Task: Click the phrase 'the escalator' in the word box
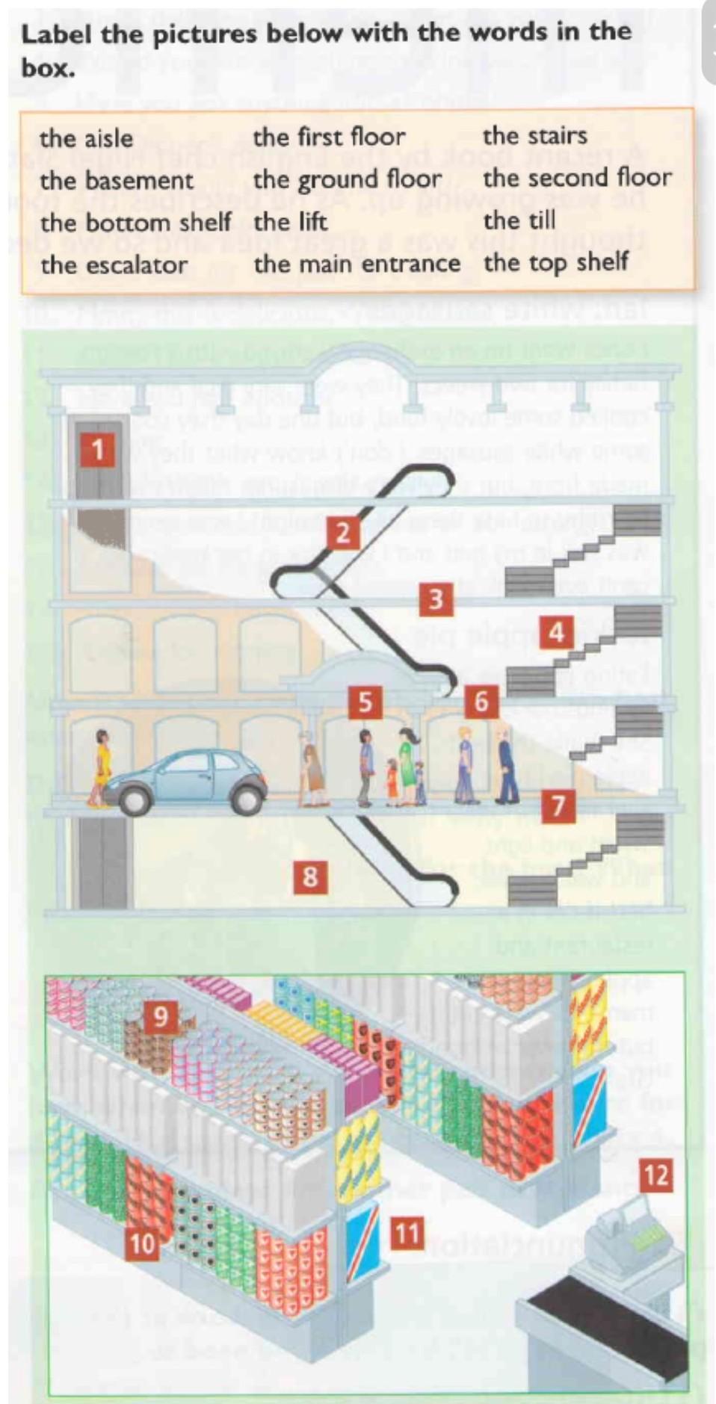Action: click(x=114, y=265)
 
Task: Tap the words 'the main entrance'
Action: click(x=357, y=264)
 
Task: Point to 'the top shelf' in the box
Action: click(x=555, y=263)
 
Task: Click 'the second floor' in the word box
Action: click(x=577, y=178)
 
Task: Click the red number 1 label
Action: click(x=97, y=450)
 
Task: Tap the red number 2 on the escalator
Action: click(x=342, y=533)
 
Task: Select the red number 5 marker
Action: click(x=365, y=702)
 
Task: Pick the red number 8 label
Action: click(x=310, y=876)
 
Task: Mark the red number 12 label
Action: click(x=655, y=1175)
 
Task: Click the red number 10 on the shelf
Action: click(x=142, y=1243)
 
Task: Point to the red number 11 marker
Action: click(x=407, y=1233)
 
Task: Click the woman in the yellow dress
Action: click(x=100, y=768)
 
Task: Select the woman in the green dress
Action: click(x=407, y=767)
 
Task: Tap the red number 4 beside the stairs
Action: click(x=556, y=632)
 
